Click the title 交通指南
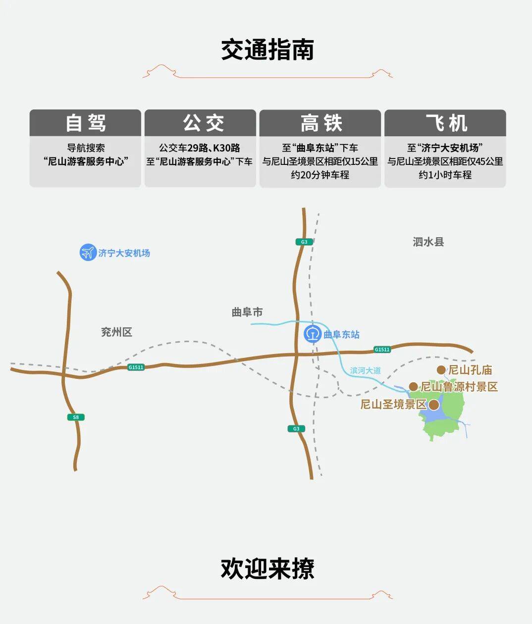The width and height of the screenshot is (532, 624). coord(267,50)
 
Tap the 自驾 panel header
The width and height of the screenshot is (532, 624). coord(85,123)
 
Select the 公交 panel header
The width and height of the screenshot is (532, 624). coord(200,123)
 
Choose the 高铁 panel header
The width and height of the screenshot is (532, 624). coord(320,123)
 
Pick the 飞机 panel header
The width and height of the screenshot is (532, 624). coord(445,123)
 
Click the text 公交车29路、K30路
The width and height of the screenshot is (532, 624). coord(200,148)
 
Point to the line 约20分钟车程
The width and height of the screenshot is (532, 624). coord(320,175)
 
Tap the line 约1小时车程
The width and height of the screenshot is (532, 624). coord(445,175)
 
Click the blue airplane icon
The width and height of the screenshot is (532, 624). coord(88,253)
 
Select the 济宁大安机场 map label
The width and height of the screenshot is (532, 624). coord(124,253)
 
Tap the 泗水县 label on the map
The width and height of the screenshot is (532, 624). coord(428,242)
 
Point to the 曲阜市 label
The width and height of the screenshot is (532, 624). coord(247,312)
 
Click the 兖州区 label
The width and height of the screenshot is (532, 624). coord(116,332)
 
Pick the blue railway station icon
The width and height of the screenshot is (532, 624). coord(313,334)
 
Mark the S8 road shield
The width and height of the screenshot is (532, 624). coord(76,417)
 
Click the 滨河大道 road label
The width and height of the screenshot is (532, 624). coord(366,370)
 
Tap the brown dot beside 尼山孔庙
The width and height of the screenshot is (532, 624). coord(441,370)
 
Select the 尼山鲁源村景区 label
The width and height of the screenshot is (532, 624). coord(459,387)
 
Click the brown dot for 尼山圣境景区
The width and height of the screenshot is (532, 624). coord(434,405)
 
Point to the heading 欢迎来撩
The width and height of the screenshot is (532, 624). coord(267,569)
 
